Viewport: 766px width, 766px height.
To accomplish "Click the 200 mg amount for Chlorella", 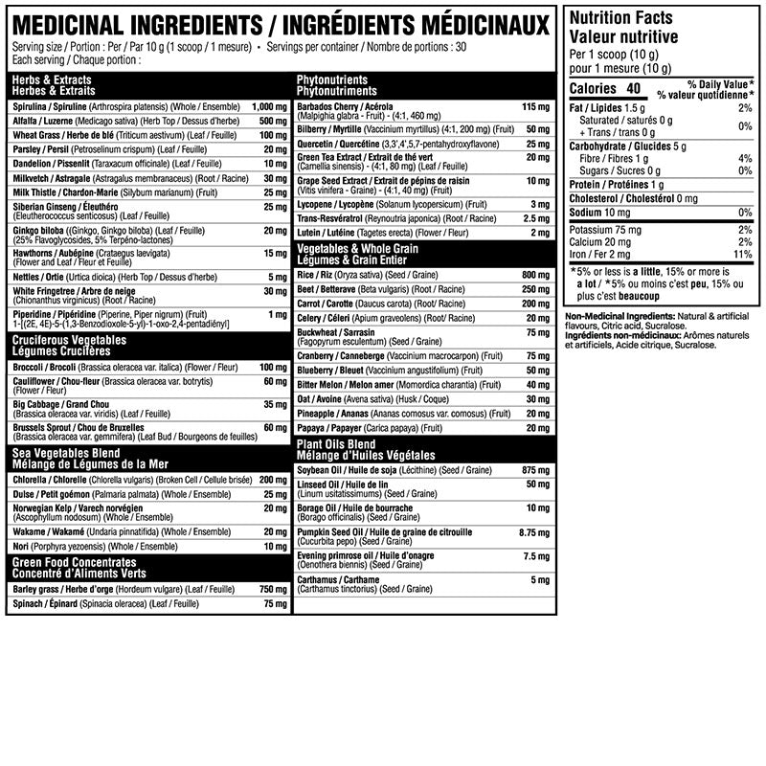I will click(273, 479).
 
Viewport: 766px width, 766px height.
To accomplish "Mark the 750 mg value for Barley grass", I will click(273, 589).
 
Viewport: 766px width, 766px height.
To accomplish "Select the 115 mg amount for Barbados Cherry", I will click(532, 106).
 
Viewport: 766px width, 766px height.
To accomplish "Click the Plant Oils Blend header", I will click(335, 444).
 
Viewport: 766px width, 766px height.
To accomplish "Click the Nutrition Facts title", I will click(620, 18).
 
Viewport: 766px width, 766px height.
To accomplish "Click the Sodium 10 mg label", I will click(598, 212).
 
